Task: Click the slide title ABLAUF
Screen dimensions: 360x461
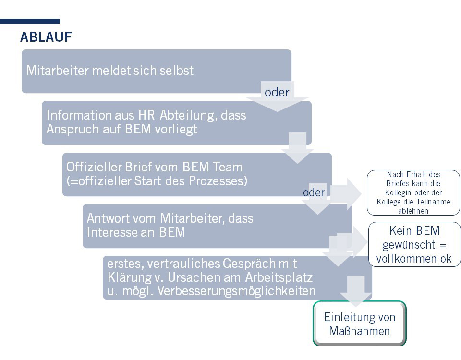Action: click(46, 37)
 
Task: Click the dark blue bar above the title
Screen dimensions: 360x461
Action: click(30, 21)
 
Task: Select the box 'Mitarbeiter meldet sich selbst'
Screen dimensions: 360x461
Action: click(156, 71)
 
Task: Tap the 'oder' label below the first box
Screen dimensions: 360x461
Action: click(277, 92)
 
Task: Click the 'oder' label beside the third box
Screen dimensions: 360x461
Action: click(314, 192)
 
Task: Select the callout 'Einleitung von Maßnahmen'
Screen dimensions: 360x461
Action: click(360, 324)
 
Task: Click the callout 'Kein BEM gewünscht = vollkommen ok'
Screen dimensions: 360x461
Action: click(414, 245)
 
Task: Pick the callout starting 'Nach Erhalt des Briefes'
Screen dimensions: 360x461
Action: click(413, 192)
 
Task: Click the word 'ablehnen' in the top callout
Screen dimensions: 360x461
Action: click(413, 211)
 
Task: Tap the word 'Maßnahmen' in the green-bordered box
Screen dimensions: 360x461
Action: click(360, 331)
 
